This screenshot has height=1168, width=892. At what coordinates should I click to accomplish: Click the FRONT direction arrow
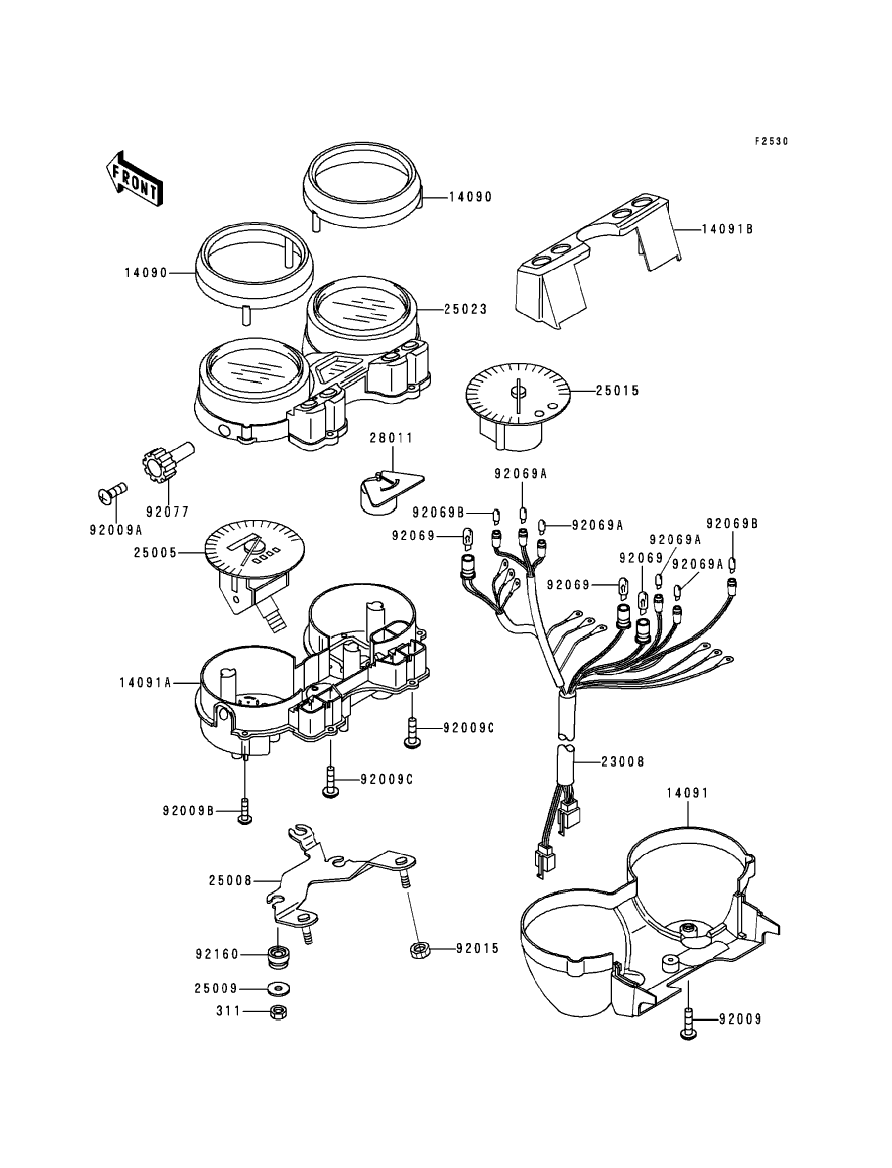point(134,178)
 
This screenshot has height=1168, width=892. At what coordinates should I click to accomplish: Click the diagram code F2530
point(771,141)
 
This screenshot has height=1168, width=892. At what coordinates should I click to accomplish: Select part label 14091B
point(727,229)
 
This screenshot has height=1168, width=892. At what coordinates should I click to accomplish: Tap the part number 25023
point(466,309)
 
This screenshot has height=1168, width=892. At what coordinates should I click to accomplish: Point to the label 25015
point(617,391)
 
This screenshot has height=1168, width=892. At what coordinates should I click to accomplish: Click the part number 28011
point(392,438)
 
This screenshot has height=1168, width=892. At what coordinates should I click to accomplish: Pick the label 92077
point(168,512)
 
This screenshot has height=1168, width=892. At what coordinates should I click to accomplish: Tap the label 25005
point(155,553)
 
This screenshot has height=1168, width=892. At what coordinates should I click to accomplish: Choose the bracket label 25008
point(230,880)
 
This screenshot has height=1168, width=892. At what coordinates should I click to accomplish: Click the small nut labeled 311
point(278,1012)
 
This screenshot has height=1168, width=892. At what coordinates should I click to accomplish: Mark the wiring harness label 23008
point(623,763)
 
